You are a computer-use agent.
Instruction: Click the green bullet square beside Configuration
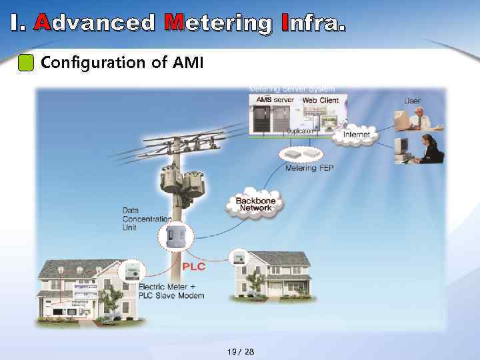tap(25, 63)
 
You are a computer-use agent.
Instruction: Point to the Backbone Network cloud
tap(255, 205)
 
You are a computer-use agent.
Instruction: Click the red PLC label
tap(193, 267)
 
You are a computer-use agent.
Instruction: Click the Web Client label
tap(321, 100)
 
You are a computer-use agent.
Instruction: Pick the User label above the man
tap(413, 101)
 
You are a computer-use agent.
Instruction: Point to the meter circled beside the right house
tap(237, 258)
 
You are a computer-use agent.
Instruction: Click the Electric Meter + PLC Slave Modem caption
tap(171, 291)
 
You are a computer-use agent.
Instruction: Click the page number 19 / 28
tap(240, 351)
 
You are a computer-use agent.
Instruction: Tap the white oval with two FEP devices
tap(301, 154)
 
